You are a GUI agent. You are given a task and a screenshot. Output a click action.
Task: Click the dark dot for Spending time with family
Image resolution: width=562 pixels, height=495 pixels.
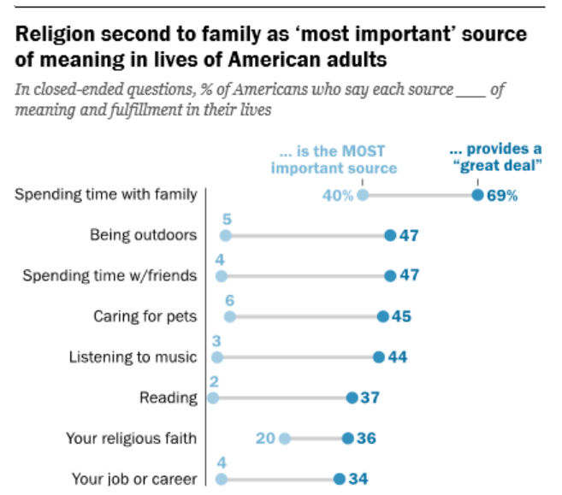point(477,195)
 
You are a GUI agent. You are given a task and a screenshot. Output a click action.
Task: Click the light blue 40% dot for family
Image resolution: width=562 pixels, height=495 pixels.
point(363,195)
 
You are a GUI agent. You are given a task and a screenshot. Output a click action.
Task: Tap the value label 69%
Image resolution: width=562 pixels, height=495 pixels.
point(503,195)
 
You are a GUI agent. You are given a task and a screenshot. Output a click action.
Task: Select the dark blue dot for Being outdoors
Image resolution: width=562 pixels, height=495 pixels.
point(390,235)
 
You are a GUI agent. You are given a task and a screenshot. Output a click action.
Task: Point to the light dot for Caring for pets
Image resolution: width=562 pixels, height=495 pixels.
point(229,316)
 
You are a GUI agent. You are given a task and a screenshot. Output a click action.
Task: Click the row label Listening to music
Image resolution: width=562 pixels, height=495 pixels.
point(133,357)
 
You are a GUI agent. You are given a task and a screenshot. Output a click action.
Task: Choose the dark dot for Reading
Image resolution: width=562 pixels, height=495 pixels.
point(352,398)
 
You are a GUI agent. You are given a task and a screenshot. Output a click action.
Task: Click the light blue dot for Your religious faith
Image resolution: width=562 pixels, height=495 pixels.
point(285,439)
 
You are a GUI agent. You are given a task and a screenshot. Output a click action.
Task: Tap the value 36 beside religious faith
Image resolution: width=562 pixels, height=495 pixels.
point(367,439)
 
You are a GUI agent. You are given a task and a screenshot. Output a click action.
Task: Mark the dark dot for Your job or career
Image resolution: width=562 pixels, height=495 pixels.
point(339,479)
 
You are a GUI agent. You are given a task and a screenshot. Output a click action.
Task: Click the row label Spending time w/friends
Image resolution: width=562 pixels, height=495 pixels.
point(109,275)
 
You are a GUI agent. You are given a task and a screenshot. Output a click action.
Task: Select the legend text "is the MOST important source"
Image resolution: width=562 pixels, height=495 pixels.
point(334,160)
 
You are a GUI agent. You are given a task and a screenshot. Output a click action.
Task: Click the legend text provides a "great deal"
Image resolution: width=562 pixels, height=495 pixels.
point(497,157)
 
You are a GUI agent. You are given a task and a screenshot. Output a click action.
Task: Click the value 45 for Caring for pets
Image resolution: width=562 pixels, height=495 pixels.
point(402,316)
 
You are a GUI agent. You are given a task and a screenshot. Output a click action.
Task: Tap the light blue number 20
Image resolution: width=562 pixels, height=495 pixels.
point(264,439)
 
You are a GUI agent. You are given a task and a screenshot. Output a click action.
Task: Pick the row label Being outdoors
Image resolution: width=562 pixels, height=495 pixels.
point(144,235)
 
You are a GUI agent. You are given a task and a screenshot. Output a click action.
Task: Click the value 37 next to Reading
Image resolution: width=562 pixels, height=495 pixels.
point(370,398)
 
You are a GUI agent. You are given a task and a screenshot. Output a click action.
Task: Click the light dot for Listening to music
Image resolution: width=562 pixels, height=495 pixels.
point(217,357)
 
